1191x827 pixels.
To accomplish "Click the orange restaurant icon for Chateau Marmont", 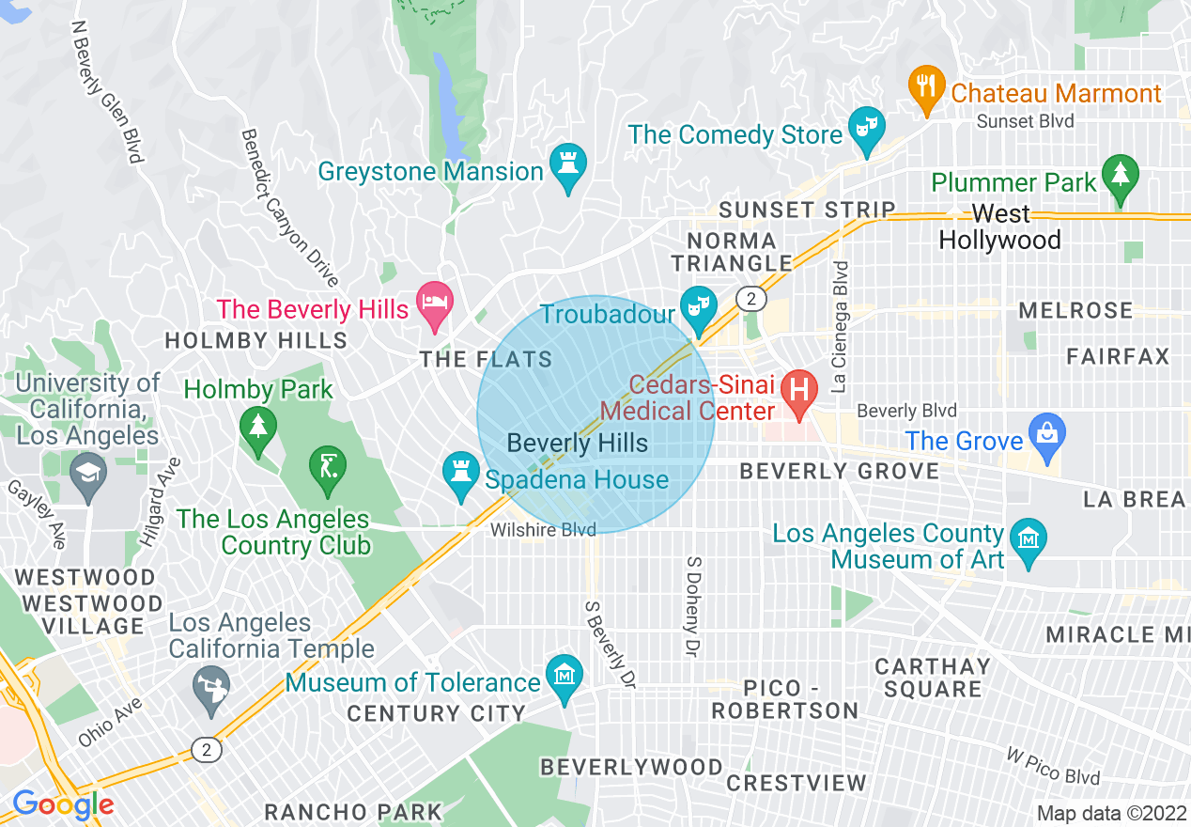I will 927,87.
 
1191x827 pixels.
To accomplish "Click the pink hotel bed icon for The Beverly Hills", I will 435,304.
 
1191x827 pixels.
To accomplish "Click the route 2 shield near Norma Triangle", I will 750,299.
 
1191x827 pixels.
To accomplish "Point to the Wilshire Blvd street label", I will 543,531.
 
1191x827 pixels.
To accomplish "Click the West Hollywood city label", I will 1000,227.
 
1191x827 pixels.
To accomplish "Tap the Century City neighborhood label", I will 436,714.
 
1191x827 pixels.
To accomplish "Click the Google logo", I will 63,804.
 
